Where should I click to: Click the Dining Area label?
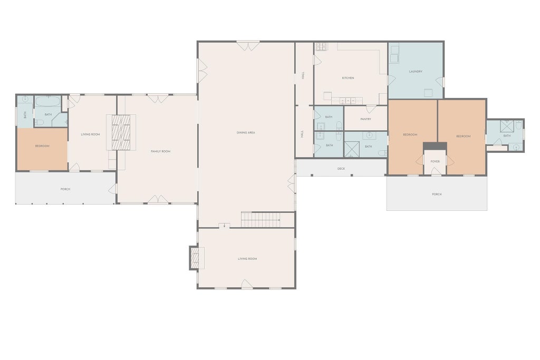click(246, 132)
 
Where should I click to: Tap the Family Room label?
click(160, 151)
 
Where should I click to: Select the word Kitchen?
click(348, 78)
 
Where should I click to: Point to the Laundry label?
click(416, 72)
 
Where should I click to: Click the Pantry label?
click(366, 119)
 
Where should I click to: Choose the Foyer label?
click(435, 161)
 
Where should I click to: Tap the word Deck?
click(341, 169)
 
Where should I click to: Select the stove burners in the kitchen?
click(321, 47)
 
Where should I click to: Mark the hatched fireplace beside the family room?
click(121, 132)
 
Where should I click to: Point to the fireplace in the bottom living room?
click(195, 258)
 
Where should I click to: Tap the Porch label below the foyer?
click(437, 194)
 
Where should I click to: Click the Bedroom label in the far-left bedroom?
click(42, 147)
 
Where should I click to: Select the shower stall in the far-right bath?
click(507, 126)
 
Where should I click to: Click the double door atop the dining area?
click(248, 46)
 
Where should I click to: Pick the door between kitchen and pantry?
click(371, 109)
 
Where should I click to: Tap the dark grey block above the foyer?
click(435, 146)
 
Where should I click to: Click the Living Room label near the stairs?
click(247, 259)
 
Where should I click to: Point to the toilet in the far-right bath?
click(519, 124)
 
